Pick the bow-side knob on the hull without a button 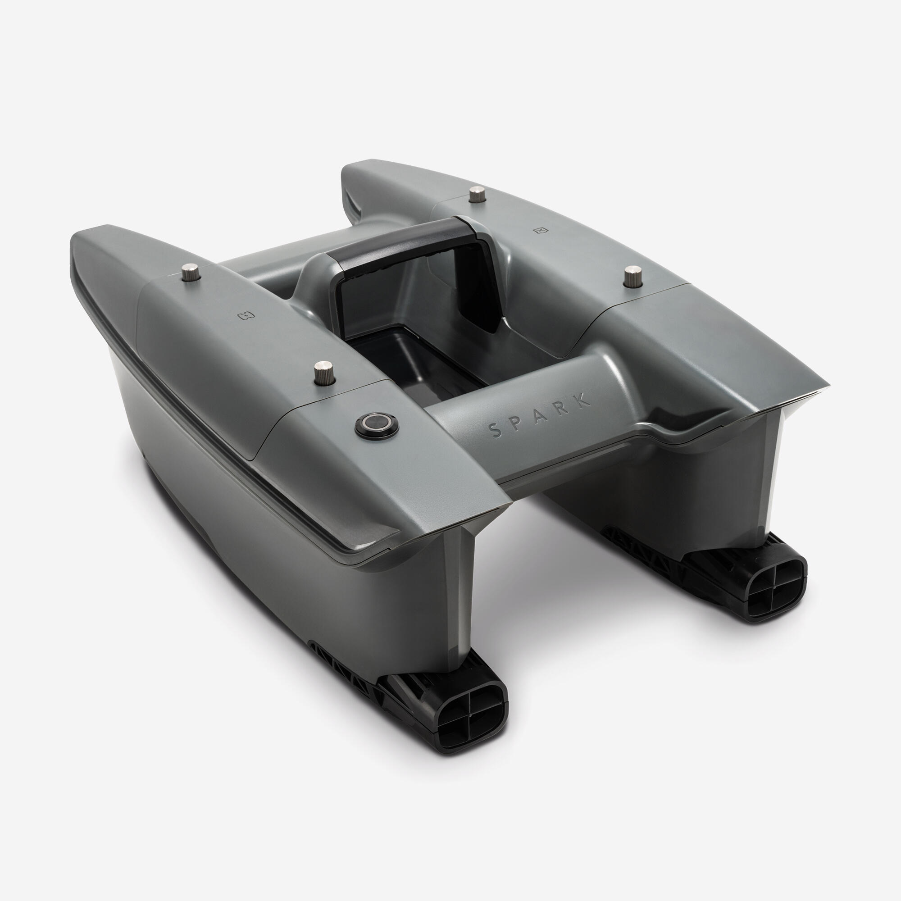point(477,195)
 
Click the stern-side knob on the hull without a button point(633,278)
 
